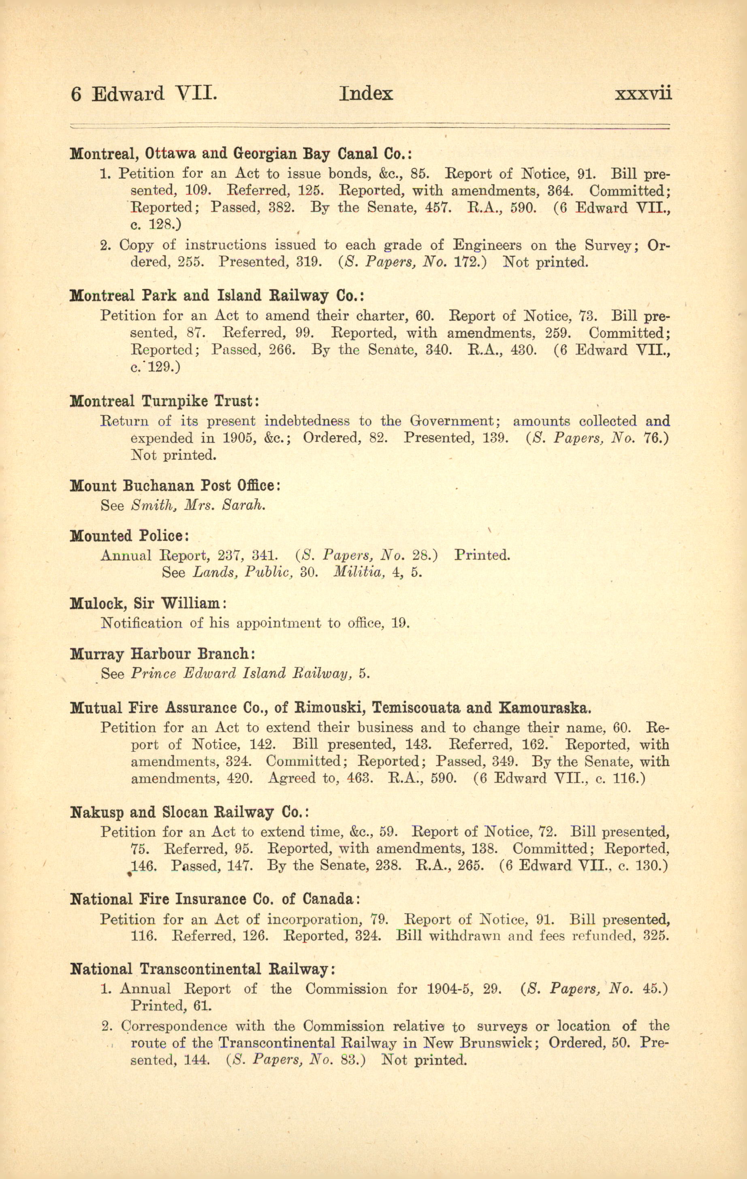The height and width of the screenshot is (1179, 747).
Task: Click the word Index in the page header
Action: [366, 93]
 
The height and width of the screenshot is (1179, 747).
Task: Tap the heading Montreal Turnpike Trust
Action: [164, 401]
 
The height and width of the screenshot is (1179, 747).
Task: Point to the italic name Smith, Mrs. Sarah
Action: [198, 505]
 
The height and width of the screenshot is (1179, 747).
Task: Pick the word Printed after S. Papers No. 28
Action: [482, 555]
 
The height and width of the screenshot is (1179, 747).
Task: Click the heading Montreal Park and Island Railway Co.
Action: [217, 296]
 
